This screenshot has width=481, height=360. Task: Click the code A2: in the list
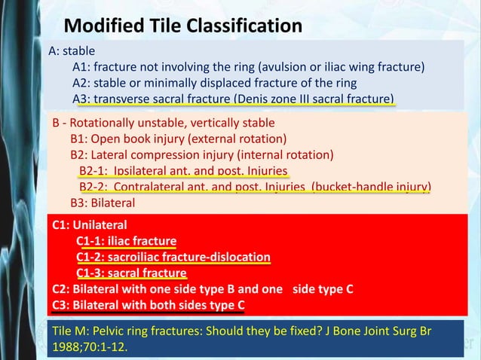(82, 83)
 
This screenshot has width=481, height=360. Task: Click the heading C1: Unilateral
(89, 224)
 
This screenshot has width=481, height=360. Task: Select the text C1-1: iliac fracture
(126, 241)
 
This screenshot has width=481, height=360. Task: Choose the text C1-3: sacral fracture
(131, 273)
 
